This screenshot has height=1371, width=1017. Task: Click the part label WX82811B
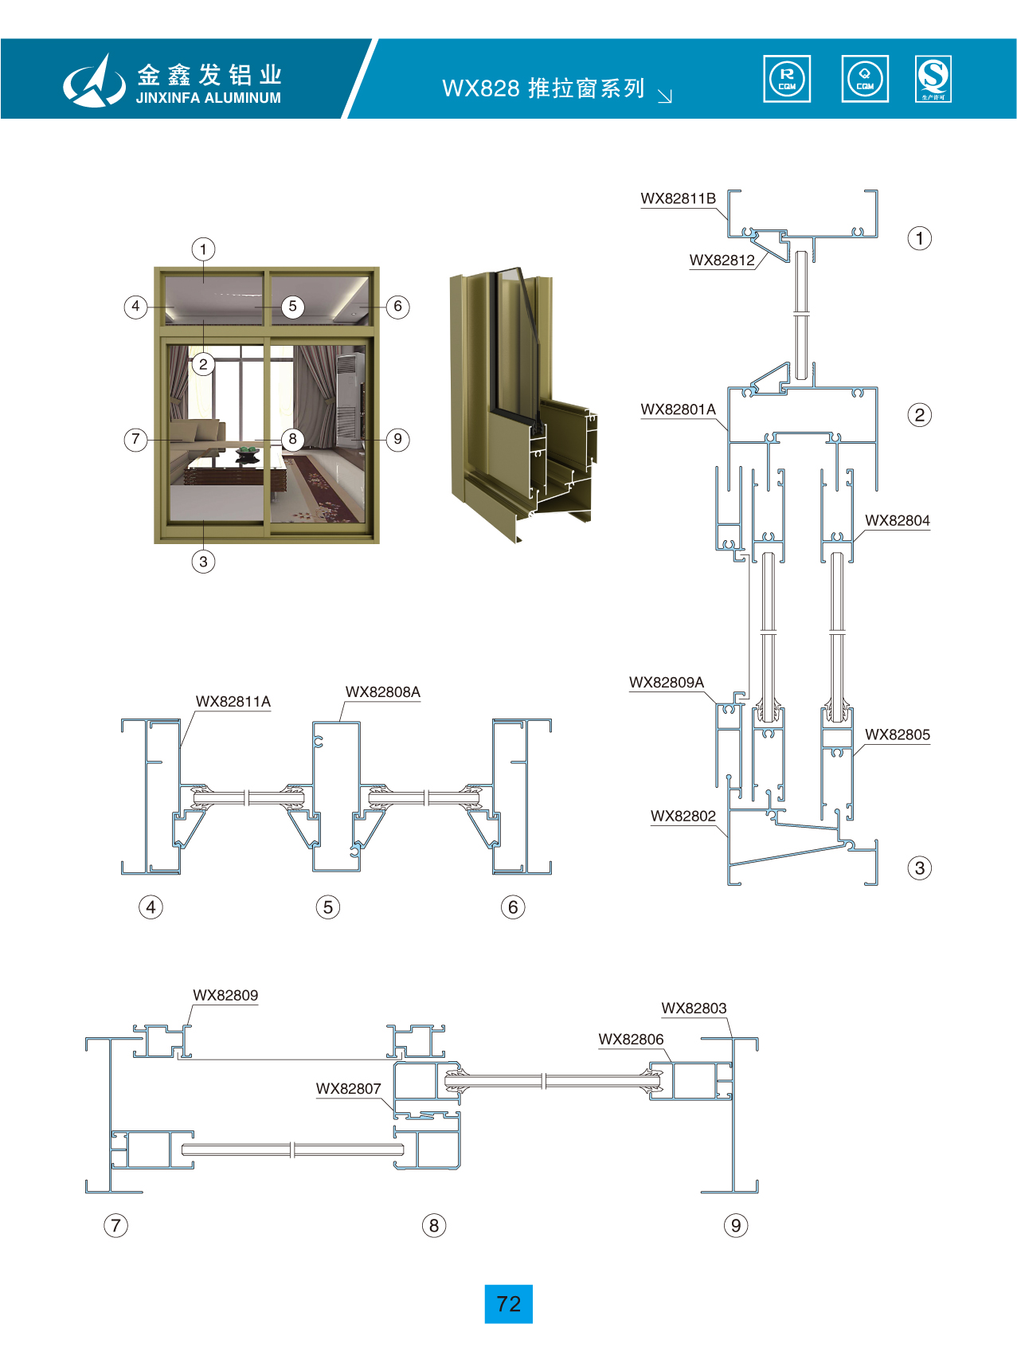678,198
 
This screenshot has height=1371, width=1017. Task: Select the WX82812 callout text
722,260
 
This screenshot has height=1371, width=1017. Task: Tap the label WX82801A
678,409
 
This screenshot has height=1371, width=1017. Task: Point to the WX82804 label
897,520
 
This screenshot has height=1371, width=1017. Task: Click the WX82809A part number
667,682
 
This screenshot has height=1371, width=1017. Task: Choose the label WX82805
897,734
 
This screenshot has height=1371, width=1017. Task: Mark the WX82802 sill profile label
683,816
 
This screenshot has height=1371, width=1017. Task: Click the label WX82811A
233,701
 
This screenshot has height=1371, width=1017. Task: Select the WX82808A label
382,691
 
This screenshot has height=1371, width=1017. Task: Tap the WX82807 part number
348,1088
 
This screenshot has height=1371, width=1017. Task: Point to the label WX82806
631,1039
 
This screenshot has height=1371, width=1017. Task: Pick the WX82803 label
694,1008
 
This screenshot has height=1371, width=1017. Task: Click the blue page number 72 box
508,1304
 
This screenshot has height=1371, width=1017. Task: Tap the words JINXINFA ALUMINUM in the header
208,98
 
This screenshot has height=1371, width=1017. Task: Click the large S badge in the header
933,79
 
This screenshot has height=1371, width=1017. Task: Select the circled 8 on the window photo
292,439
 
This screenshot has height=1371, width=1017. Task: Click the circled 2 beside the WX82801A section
919,415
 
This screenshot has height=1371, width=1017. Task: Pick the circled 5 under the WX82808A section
327,907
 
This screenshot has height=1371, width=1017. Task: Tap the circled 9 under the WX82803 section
735,1225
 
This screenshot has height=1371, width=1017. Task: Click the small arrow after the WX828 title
665,96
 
